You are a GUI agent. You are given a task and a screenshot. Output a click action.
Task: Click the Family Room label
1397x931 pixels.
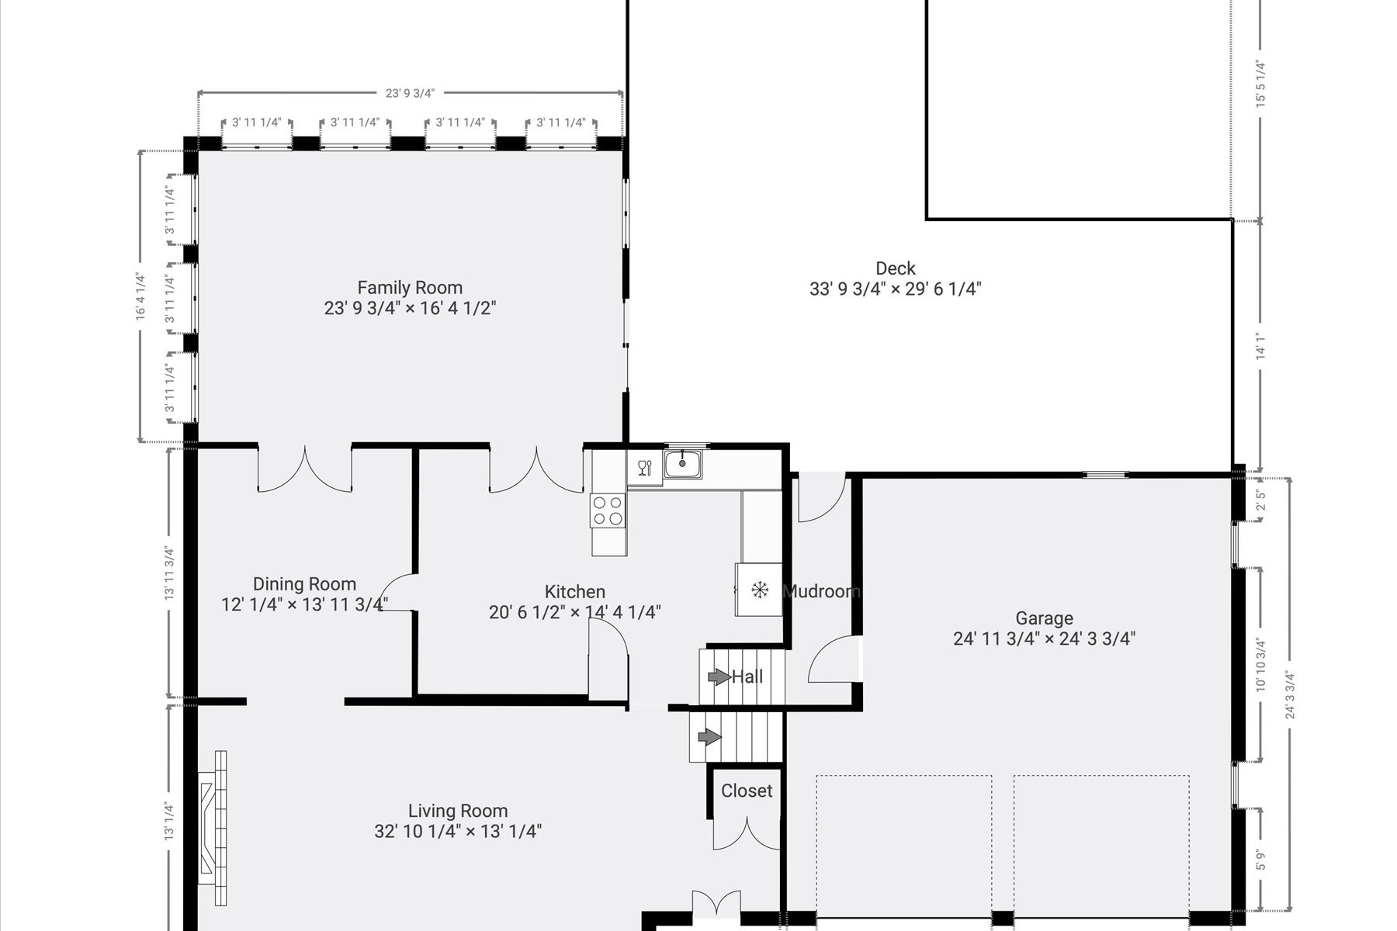[x=410, y=288]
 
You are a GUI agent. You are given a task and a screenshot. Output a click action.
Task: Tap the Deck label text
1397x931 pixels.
[x=896, y=268]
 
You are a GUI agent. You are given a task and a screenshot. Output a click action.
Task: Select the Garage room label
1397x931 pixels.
[x=1045, y=618]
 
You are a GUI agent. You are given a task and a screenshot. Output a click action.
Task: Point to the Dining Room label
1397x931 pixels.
[x=304, y=584]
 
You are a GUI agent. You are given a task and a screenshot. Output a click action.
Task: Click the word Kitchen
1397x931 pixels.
[x=574, y=592]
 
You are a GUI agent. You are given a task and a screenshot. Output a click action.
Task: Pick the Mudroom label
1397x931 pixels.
[x=822, y=591]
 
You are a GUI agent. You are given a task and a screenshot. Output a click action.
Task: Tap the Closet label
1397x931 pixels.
[x=747, y=791]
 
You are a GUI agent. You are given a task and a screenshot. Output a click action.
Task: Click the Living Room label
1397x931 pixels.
[x=458, y=811]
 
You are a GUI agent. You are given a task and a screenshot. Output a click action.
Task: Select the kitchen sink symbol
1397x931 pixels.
[x=683, y=464]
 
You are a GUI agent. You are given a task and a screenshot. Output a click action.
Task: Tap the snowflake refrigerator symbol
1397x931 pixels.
[x=759, y=590]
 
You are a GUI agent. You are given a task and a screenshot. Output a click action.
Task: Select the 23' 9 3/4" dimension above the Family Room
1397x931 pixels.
[x=410, y=93]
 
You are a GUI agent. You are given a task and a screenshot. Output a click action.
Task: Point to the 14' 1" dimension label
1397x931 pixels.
[x=1261, y=346]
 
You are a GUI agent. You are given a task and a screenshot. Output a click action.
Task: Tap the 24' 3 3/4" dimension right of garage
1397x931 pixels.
[x=1291, y=694]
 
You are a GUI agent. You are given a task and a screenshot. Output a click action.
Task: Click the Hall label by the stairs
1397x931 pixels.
[x=747, y=677]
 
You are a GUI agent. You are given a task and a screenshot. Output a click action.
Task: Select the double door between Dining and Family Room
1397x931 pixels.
[x=305, y=469]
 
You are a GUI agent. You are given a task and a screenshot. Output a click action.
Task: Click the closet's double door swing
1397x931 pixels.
[x=746, y=832]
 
